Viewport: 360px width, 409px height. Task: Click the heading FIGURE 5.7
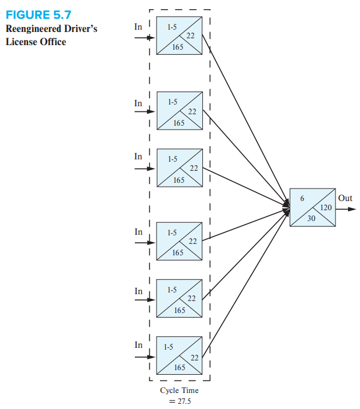38,14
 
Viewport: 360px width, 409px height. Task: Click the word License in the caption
21,42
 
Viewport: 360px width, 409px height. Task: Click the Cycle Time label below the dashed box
179,391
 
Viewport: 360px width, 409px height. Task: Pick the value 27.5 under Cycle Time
183,401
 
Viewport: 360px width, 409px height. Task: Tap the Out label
345,198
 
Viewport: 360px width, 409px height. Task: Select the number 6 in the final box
302,198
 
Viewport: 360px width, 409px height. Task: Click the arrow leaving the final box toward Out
346,209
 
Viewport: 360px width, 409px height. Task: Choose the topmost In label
138,27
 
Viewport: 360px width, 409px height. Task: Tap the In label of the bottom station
138,344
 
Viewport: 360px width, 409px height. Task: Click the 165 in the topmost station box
178,47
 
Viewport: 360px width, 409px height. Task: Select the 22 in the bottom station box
194,357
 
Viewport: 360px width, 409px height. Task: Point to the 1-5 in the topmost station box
172,26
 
